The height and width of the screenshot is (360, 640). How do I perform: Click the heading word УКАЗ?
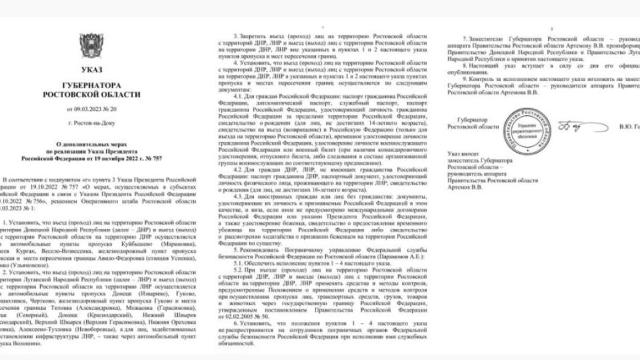click(x=92, y=70)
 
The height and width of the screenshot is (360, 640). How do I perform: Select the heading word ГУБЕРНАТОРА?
click(x=92, y=86)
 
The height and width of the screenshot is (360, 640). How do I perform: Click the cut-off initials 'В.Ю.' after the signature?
click(x=625, y=126)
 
